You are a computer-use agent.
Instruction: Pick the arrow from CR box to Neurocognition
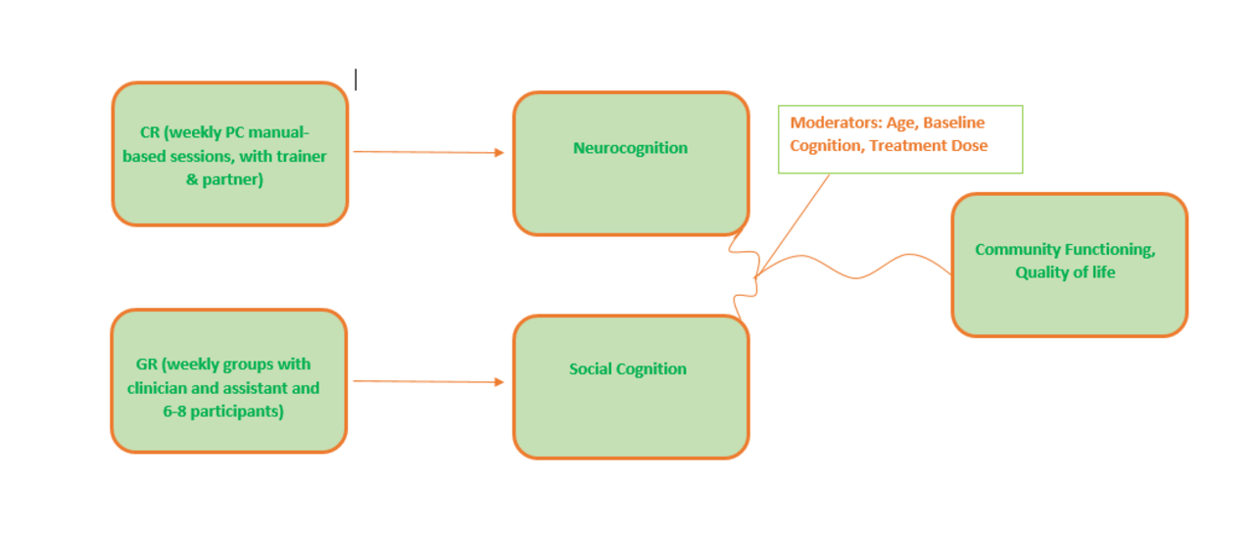428,152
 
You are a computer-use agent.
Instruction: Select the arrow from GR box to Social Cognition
428,381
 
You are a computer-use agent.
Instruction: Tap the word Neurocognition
630,148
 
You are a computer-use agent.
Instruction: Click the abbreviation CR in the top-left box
150,132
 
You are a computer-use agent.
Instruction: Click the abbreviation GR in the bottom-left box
147,365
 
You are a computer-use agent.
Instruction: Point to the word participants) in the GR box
238,412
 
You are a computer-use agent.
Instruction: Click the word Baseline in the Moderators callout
953,123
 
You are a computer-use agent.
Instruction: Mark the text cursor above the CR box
356,79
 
